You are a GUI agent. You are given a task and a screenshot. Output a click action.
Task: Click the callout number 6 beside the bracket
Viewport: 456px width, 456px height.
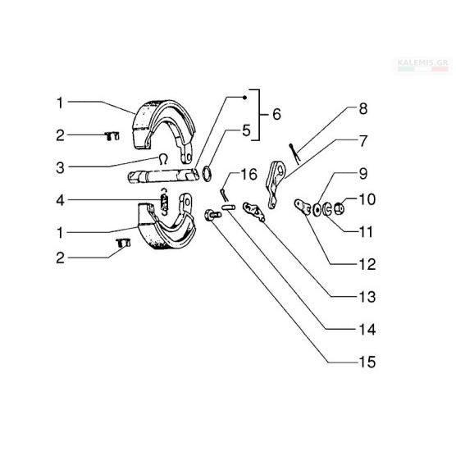(276, 114)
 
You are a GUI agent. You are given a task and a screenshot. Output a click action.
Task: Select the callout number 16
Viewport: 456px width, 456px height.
(249, 175)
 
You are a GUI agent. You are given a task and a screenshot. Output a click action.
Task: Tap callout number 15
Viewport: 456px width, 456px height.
(367, 362)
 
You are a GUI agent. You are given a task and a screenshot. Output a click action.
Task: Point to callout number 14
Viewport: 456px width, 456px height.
(367, 330)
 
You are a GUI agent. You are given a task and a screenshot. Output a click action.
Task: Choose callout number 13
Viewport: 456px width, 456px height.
(367, 297)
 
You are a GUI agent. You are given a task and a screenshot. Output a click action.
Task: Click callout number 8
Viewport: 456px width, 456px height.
(363, 109)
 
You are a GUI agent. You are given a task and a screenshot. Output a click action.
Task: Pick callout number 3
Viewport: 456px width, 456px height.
(60, 168)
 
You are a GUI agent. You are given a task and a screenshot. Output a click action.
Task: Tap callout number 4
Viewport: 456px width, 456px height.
(60, 200)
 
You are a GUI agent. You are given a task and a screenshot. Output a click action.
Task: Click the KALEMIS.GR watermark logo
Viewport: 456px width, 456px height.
(423, 65)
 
